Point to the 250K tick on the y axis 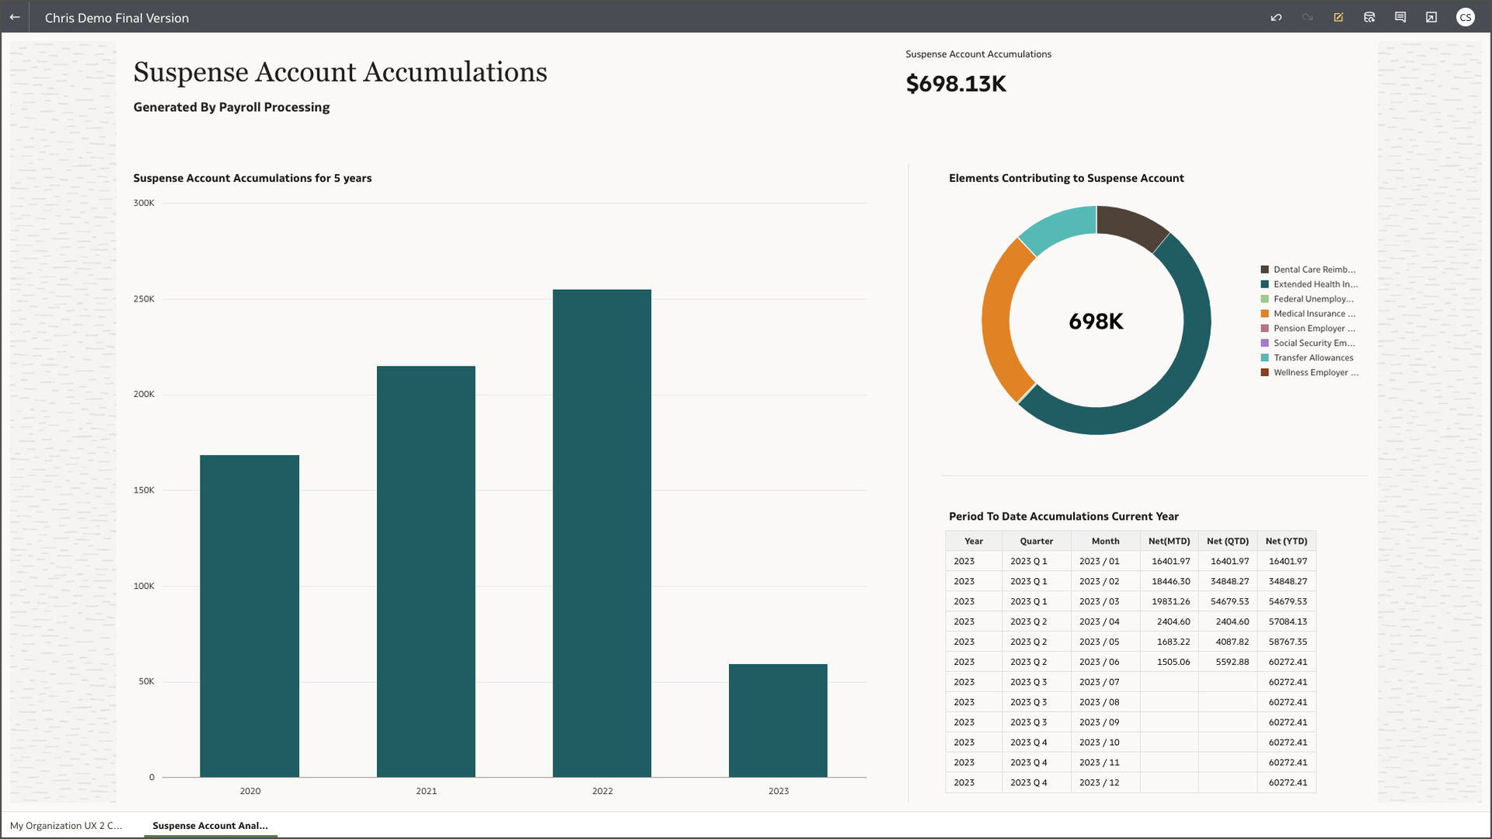pos(144,299)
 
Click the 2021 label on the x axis pos(426,791)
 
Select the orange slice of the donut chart pos(998,319)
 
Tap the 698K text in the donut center pos(1096,321)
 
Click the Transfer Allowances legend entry pos(1312,358)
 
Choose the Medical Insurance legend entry pos(1313,314)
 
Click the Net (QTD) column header pos(1227,541)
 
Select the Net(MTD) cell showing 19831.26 pos(1170,601)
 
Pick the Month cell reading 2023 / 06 pos(1099,662)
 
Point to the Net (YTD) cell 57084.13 pos(1287,621)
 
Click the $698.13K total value pos(956,84)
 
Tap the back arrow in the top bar pos(15,17)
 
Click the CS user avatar pos(1465,17)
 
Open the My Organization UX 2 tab pos(66,826)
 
